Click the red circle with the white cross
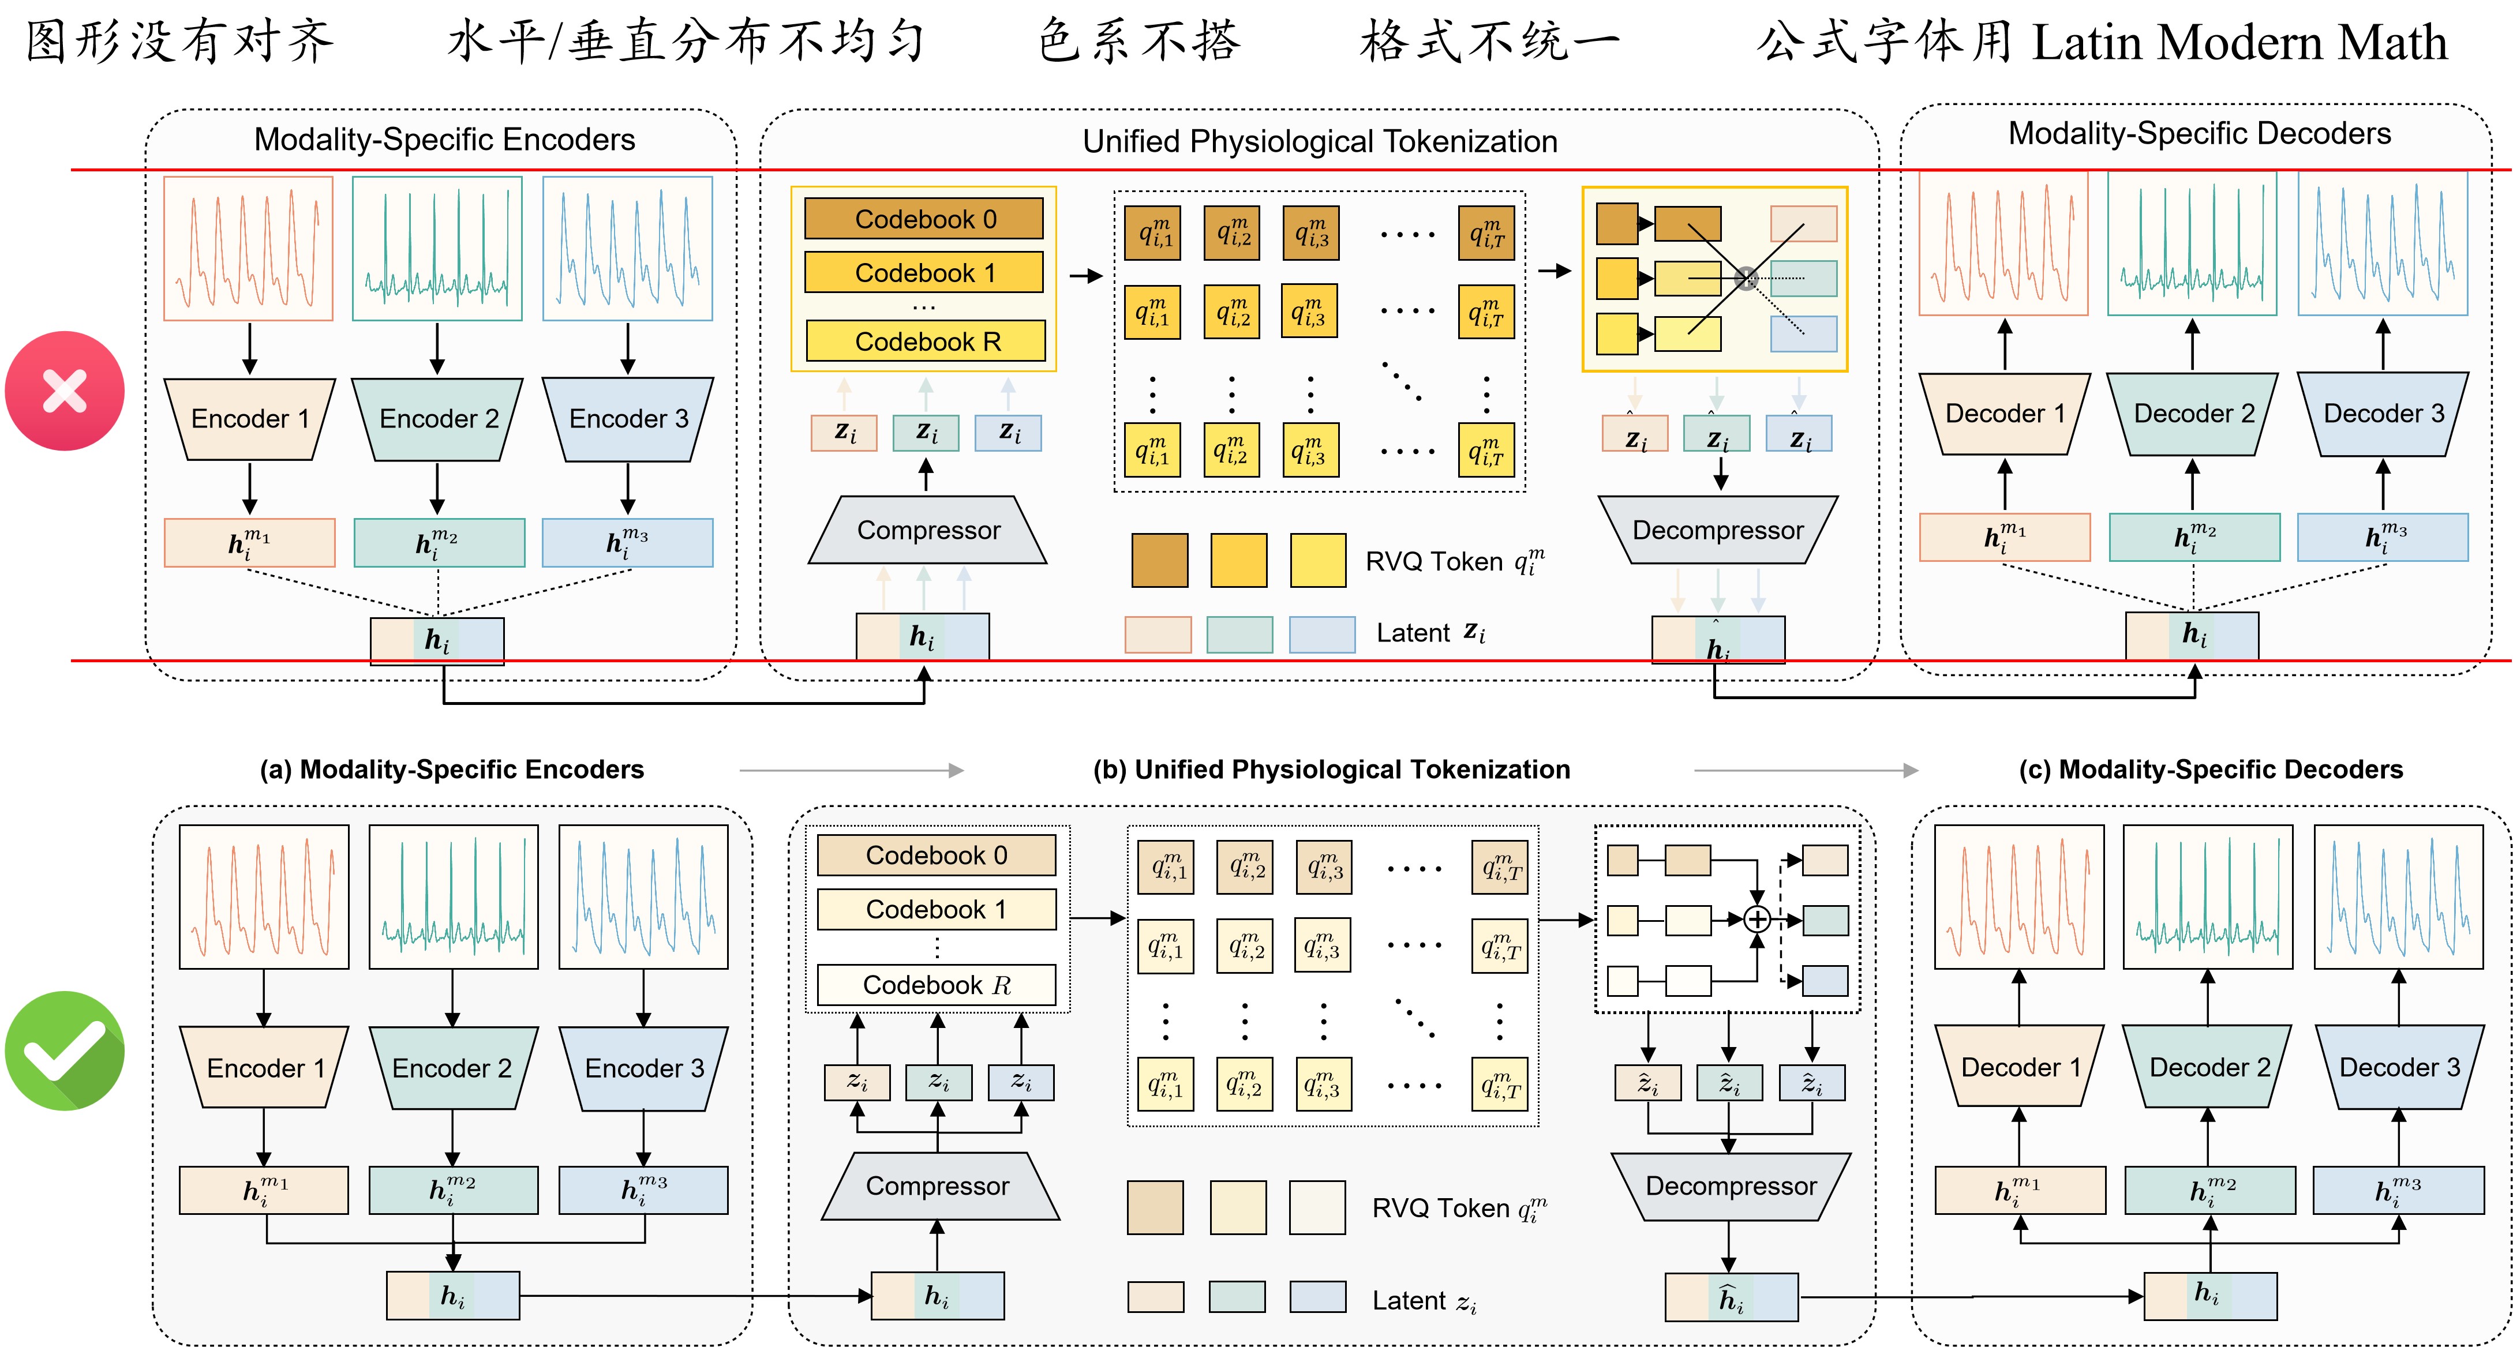click(65, 391)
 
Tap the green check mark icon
click(65, 1050)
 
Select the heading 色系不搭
click(1138, 42)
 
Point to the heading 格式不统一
click(1490, 42)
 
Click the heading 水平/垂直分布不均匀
click(686, 42)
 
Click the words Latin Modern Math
click(2240, 42)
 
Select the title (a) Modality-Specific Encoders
click(452, 770)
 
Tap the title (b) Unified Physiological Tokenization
click(1332, 770)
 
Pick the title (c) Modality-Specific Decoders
click(2211, 770)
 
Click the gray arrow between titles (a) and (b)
click(852, 771)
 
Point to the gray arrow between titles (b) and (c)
click(1806, 771)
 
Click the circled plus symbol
click(1757, 919)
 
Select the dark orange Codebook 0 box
click(924, 219)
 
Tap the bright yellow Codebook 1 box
click(924, 272)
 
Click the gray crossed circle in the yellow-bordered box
click(1746, 279)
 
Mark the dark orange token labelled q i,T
click(1486, 233)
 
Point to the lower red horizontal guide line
click(1291, 661)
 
